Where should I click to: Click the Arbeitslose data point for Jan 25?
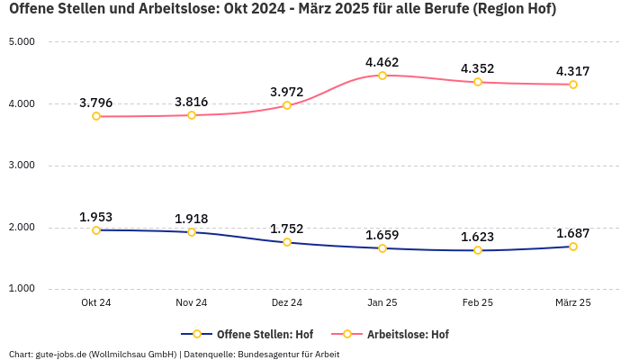(382, 76)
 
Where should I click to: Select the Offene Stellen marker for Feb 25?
(478, 250)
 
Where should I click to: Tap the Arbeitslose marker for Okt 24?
(96, 116)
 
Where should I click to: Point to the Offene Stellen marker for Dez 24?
(287, 242)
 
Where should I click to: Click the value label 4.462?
(382, 62)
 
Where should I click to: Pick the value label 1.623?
(478, 237)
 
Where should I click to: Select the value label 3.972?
(287, 92)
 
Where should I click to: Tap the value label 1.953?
(96, 217)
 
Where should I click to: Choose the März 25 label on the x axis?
(573, 303)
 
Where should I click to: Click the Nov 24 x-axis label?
(192, 303)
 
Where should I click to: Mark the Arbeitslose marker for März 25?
(573, 85)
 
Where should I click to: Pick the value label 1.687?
(573, 233)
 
